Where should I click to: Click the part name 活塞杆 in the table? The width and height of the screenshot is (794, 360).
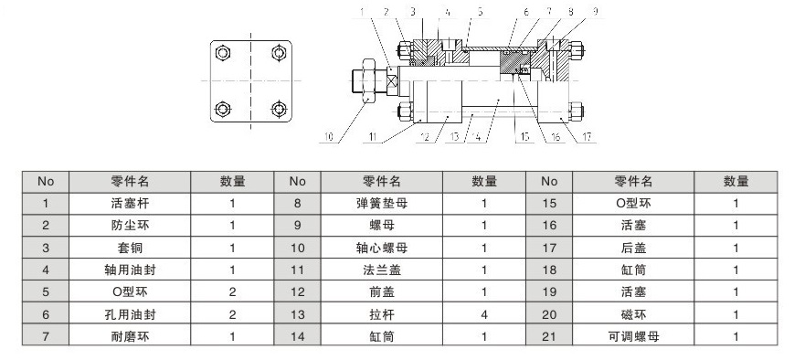130,204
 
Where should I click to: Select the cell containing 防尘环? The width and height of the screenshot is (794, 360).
130,226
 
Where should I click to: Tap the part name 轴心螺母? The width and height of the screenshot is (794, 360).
382,248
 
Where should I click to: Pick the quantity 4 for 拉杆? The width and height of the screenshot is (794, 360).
484,314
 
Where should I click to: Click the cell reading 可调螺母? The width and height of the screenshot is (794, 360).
633,336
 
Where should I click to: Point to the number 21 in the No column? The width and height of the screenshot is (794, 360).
549,336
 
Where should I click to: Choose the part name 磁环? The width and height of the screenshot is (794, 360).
633,314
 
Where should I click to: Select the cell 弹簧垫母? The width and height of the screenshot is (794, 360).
382,204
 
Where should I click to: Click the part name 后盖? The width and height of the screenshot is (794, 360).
633,248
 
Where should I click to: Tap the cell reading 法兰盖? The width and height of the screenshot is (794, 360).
382,270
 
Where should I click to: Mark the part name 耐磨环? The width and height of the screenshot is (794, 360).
130,336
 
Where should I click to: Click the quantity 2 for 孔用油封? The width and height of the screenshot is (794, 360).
232,314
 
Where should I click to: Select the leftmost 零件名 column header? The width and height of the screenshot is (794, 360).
130,181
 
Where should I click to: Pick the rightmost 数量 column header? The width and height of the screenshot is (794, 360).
736,181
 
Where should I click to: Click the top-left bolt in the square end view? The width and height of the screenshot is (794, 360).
223,53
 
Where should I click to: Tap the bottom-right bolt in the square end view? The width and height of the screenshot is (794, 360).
279,109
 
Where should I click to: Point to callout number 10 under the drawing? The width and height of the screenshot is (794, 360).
329,137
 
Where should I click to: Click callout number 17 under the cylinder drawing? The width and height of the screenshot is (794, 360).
587,137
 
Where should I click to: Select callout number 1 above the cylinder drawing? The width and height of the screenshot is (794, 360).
362,12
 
